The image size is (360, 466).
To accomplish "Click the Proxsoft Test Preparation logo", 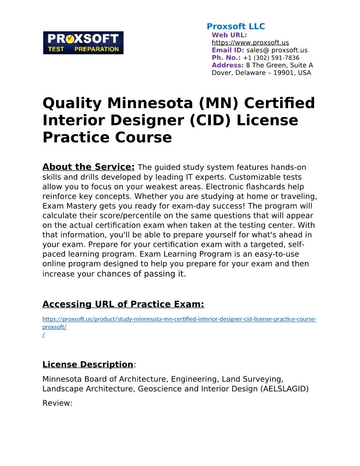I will [x=83, y=43].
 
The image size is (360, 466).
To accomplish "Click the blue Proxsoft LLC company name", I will [x=236, y=26].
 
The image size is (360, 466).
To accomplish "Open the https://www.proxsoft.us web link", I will [x=250, y=43].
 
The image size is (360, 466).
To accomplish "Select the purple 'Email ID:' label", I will [x=228, y=50].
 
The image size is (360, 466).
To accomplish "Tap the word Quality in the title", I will [x=72, y=103].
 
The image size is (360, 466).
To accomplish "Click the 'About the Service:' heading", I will [x=88, y=167].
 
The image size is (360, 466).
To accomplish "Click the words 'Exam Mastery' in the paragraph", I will [x=66, y=206].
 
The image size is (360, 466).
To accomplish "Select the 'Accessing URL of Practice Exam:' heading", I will [x=123, y=304].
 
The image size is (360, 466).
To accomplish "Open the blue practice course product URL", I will [x=179, y=319].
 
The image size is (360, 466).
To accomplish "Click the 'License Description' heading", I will [x=87, y=365].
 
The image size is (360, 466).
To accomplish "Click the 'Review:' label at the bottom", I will [x=57, y=403].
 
